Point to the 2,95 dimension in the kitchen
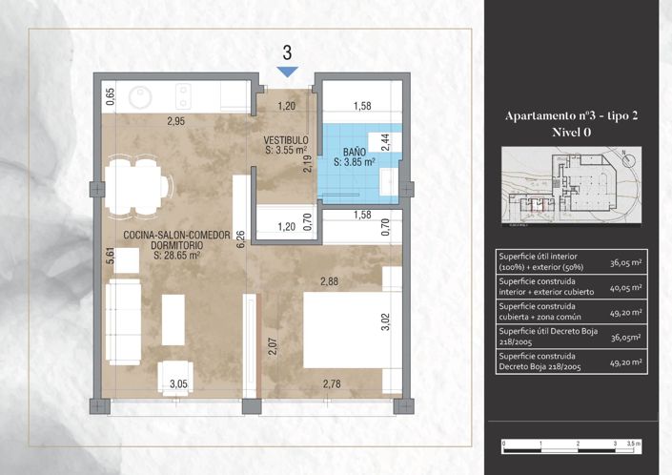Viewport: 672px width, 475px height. pyautogui.click(x=174, y=121)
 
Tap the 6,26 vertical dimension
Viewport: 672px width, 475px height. pyautogui.click(x=242, y=238)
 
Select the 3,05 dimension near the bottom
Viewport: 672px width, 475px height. pyautogui.click(x=178, y=384)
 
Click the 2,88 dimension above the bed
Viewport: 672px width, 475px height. pyautogui.click(x=330, y=281)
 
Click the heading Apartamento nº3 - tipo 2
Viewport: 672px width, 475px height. pyautogui.click(x=571, y=115)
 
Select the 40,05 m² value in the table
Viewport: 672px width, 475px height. pyautogui.click(x=625, y=286)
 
